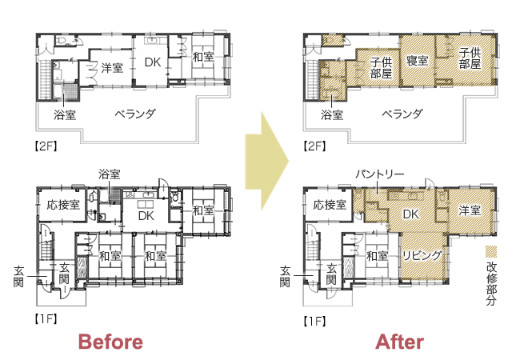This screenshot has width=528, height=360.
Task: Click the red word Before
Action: point(110,342)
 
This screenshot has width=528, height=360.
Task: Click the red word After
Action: point(399,342)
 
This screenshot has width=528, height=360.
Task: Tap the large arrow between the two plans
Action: point(266,161)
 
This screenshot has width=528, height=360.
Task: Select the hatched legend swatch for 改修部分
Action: point(491,251)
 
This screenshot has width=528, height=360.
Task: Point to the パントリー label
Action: point(379,174)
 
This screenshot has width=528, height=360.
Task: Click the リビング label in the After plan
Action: point(422,256)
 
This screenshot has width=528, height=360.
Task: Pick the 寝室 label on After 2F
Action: point(418,61)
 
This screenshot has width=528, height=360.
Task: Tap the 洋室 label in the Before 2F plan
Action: point(112,68)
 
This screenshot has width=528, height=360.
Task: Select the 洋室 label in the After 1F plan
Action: point(470,210)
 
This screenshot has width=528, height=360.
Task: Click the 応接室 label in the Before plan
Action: point(63,205)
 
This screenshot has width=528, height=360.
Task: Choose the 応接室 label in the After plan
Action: point(330,205)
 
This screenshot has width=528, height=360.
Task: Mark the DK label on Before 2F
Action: point(153,62)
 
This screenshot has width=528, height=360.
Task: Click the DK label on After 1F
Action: point(410,214)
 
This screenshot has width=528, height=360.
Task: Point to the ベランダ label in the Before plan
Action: point(135,114)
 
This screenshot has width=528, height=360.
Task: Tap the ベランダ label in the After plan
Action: point(402,114)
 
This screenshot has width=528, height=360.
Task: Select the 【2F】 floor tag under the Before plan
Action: point(46,146)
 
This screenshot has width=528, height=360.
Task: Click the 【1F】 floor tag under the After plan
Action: point(314,322)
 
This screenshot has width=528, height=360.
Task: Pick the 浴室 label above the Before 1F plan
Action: point(110,174)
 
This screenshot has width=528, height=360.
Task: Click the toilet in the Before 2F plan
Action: point(61,40)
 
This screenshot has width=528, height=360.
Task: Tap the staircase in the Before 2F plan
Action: point(43,80)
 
